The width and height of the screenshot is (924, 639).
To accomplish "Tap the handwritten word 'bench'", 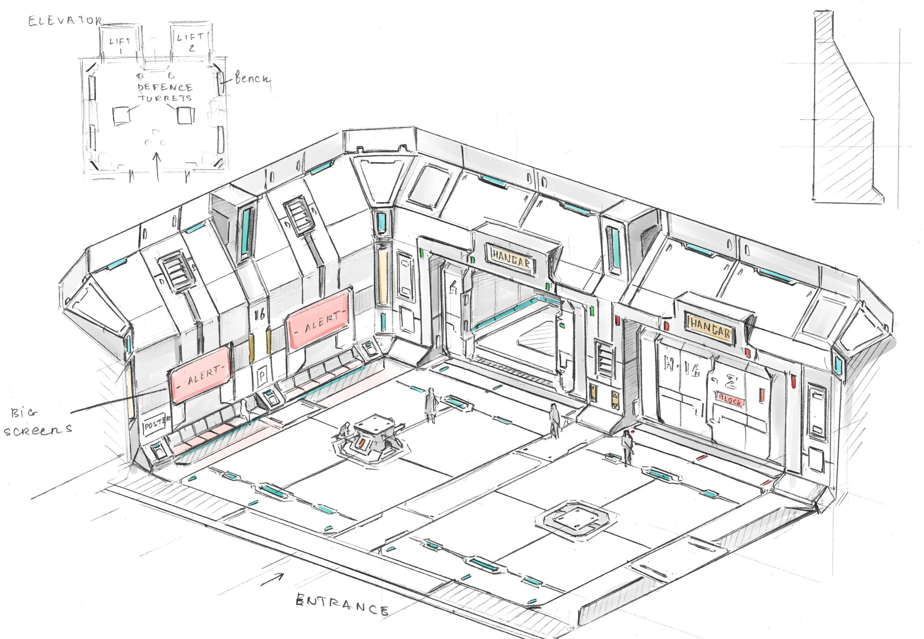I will (253, 78).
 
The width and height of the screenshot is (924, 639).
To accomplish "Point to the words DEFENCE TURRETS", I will (165, 93).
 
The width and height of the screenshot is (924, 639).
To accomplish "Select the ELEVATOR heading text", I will (65, 21).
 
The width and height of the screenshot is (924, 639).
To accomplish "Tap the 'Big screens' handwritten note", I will (38, 421).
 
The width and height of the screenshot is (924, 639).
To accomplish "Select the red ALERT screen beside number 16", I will (318, 319).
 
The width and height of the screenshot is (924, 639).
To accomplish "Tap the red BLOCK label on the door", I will (730, 400).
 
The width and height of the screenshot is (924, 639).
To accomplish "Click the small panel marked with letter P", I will (262, 375).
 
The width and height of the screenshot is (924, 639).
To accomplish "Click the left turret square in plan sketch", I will (121, 116).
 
